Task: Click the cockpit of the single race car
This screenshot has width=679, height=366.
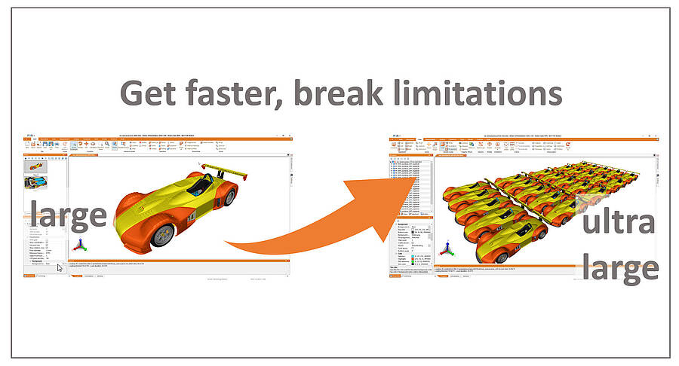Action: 200,183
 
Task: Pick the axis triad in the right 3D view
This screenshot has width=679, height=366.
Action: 448,249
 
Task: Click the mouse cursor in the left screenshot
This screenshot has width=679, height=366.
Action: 60,267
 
